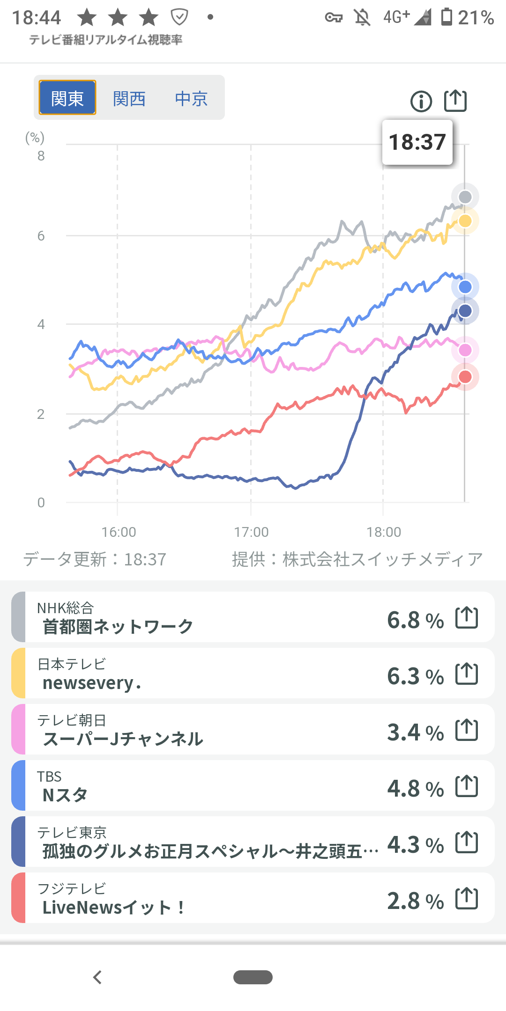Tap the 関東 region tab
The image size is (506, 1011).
(67, 98)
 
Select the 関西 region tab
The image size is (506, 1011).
(129, 98)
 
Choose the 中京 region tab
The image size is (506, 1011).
(191, 98)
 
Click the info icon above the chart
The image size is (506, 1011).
(421, 101)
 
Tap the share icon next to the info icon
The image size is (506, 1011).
(455, 101)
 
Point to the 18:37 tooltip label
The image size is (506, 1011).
(417, 142)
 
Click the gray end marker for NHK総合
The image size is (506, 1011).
(465, 197)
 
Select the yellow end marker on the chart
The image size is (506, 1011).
(465, 221)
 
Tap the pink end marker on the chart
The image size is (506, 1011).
(465, 350)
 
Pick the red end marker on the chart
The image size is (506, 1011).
(465, 377)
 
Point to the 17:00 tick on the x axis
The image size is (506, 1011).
(252, 532)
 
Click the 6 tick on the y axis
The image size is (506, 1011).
(41, 236)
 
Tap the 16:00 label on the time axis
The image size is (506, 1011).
(119, 532)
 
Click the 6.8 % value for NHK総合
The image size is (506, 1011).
(415, 620)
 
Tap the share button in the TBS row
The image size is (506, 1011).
(467, 786)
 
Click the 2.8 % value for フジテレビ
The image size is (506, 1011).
(415, 901)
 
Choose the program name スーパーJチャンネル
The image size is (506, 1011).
(123, 739)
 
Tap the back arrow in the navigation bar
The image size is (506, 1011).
(97, 977)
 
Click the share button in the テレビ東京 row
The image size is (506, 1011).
(467, 842)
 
